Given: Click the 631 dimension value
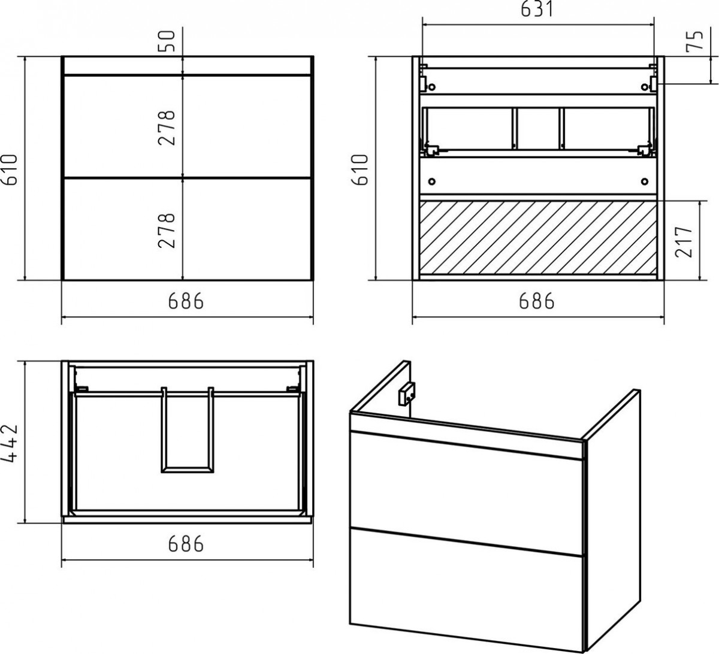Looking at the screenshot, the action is point(537,10).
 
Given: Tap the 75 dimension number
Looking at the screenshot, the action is point(694,41).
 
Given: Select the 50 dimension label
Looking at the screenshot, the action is point(167,41).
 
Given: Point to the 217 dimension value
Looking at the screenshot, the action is point(684,241).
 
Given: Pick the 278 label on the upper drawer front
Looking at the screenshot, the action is point(167,128).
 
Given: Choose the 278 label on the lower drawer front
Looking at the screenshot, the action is point(167,231).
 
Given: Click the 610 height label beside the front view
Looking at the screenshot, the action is point(10,169).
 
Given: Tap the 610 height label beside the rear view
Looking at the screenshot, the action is point(360,169).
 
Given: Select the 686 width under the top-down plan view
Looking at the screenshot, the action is point(186,544).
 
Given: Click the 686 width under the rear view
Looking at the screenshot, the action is point(537,301).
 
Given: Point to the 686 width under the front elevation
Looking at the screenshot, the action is point(186,301).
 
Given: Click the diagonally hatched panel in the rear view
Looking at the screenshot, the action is point(539,238).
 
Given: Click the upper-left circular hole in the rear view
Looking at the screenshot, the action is point(431,87).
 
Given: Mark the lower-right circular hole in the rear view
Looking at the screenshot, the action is point(645,181).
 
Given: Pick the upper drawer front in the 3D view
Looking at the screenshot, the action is point(466,493).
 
